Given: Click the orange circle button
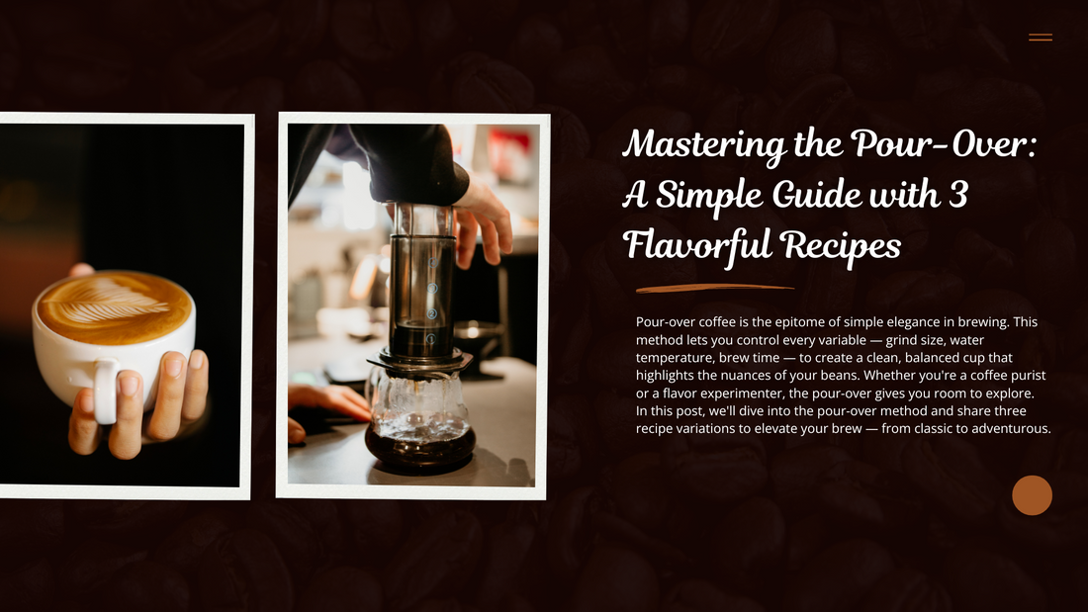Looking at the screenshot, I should tap(1032, 495).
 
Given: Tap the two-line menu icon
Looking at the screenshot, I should tap(1040, 38).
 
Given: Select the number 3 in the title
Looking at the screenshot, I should tap(956, 195).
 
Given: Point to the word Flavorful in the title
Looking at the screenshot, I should tap(694, 244).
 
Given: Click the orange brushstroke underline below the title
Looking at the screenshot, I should tap(714, 289).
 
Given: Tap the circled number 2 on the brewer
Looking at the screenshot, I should tap(431, 314).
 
